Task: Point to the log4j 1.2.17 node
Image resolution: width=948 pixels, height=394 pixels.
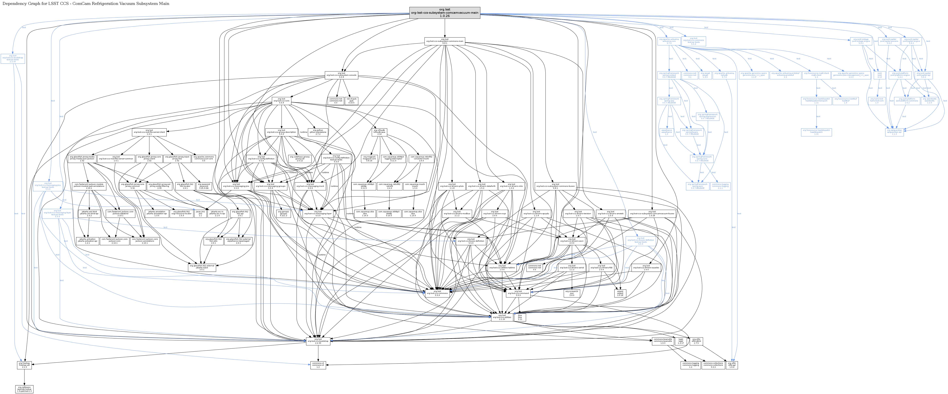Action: (681, 341)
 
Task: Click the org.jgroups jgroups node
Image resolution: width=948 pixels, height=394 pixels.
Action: (283, 213)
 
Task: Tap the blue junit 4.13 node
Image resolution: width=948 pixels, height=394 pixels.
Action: (880, 75)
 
